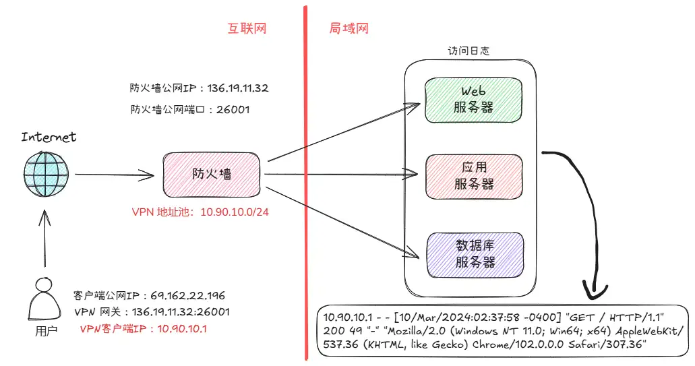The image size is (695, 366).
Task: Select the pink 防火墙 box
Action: (212, 174)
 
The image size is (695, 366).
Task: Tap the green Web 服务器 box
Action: (474, 99)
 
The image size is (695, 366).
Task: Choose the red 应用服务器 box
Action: (474, 176)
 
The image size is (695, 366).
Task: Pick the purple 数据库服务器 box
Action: (474, 254)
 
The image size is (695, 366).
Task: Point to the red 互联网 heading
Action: (247, 29)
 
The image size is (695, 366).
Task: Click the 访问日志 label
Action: (469, 51)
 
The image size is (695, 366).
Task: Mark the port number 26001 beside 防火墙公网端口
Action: (233, 109)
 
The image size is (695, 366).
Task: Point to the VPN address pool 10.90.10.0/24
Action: (235, 212)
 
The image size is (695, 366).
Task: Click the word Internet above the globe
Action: (49, 138)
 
